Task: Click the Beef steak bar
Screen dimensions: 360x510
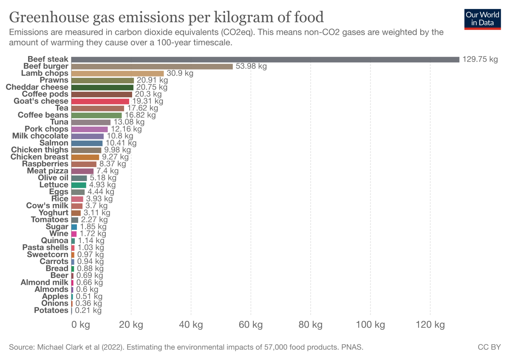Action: (x=265, y=60)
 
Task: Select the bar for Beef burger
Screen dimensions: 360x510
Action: (x=152, y=66)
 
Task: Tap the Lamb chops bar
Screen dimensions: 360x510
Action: (x=117, y=74)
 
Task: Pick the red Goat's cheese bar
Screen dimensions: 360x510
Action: (x=100, y=101)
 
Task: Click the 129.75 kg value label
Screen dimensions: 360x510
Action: (x=480, y=60)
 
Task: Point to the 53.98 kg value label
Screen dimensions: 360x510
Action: (x=251, y=66)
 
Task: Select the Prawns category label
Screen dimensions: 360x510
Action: (x=54, y=80)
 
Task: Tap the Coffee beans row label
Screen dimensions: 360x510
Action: (x=43, y=115)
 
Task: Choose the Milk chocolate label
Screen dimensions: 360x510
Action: (x=40, y=136)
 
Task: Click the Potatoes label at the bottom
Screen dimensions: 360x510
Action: (x=51, y=310)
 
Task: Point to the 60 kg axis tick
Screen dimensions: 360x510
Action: (x=251, y=325)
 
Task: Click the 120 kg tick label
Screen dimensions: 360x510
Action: (x=430, y=325)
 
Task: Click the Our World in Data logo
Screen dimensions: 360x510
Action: (x=482, y=18)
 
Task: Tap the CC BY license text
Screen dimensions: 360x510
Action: (x=490, y=347)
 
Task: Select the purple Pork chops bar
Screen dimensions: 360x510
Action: (x=89, y=129)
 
